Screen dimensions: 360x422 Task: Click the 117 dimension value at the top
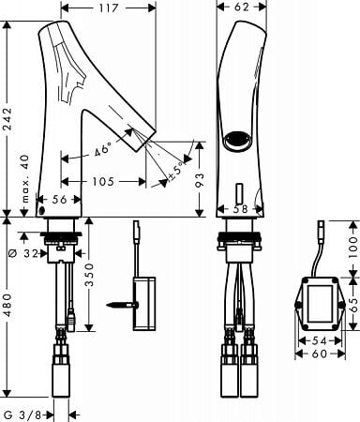(x=109, y=8)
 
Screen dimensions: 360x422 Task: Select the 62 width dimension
(x=242, y=7)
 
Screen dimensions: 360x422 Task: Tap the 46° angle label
(x=103, y=149)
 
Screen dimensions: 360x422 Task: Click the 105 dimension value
(x=103, y=181)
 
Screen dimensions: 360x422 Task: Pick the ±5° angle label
(x=175, y=172)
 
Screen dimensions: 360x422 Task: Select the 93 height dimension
(x=200, y=180)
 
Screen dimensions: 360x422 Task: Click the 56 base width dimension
(x=59, y=200)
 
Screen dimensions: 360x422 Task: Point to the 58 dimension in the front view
(x=240, y=209)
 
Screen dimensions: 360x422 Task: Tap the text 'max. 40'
(x=25, y=178)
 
